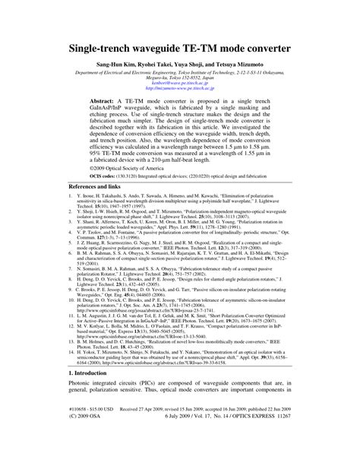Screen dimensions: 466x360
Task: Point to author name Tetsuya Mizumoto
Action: pyautogui.click(x=244, y=66)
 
